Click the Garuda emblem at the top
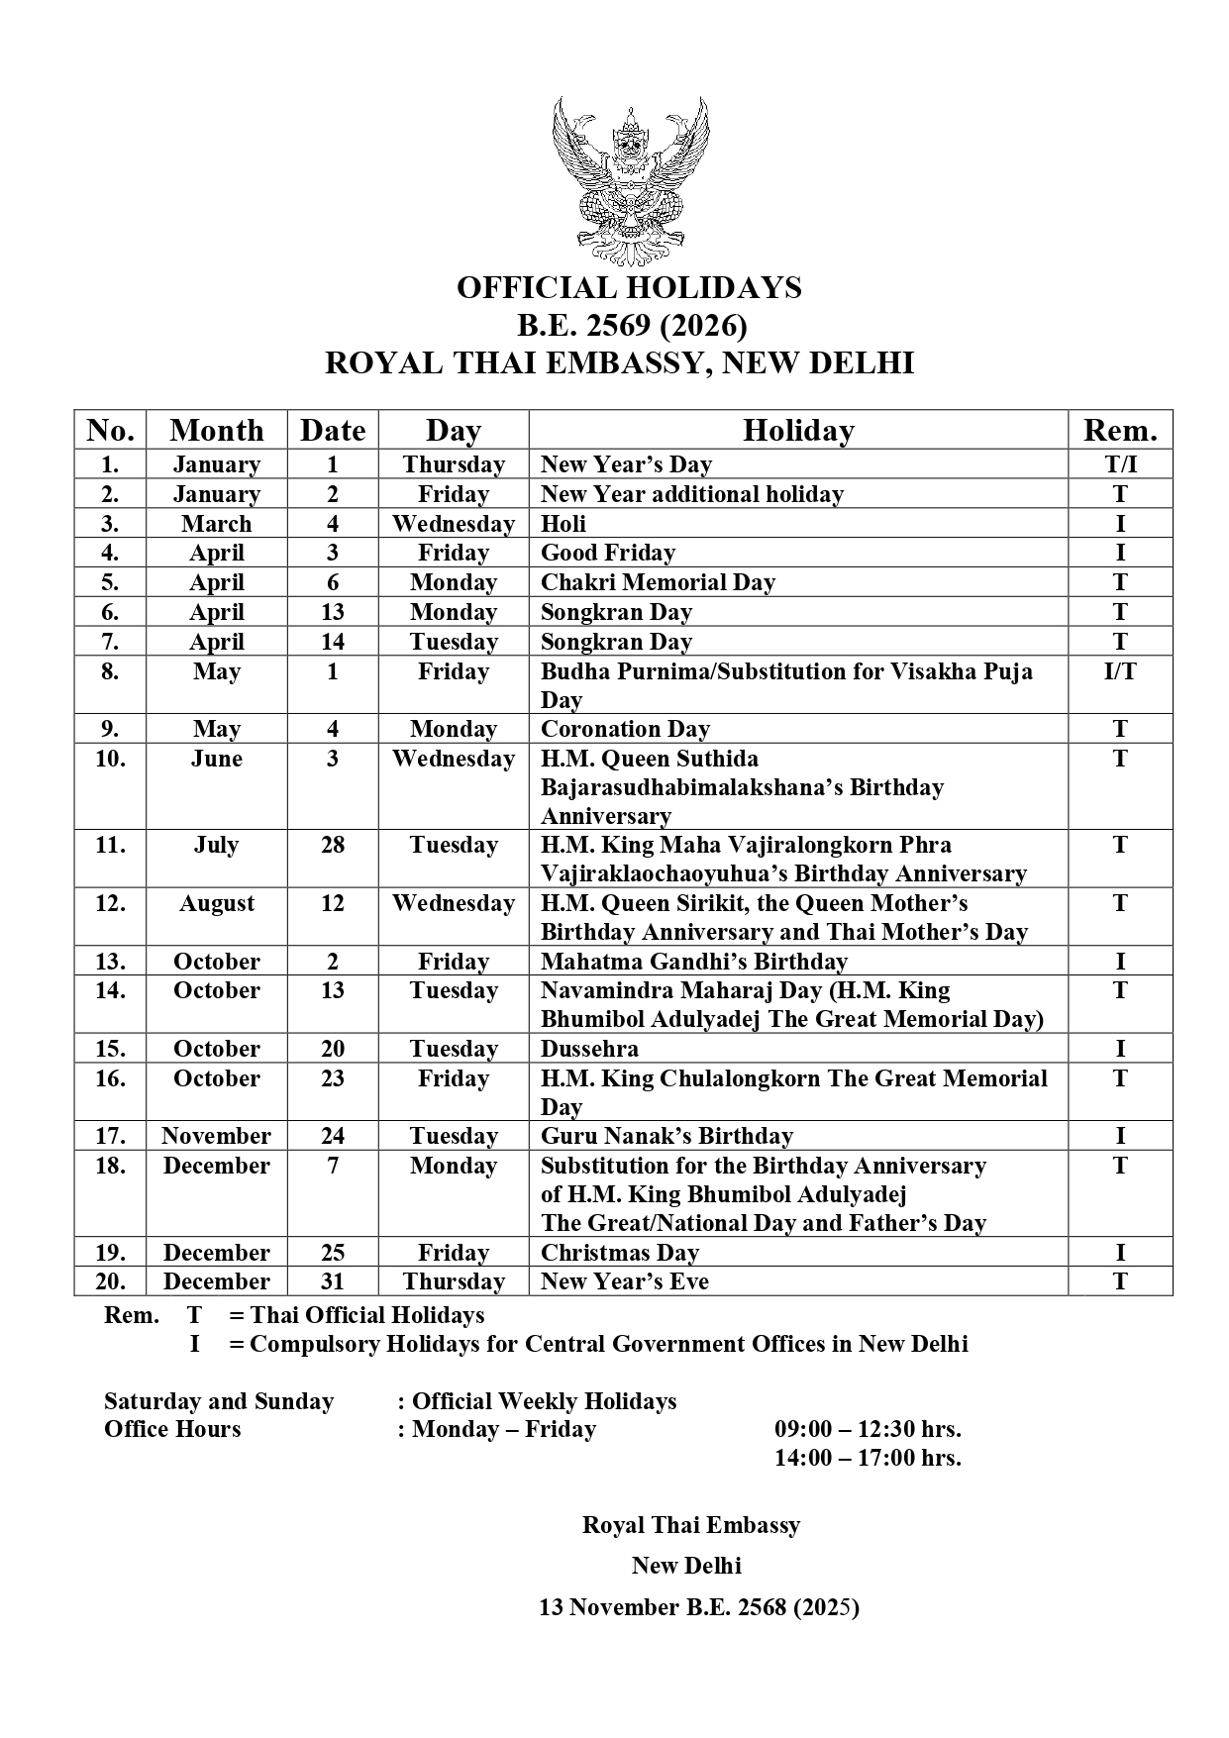click(x=630, y=181)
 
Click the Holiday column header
click(x=798, y=431)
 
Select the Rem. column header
click(x=1120, y=431)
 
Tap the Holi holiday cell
click(x=563, y=524)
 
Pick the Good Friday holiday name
click(x=608, y=553)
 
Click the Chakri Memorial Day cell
click(x=658, y=582)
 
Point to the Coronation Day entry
click(x=625, y=729)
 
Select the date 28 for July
click(x=333, y=845)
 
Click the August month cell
click(x=217, y=903)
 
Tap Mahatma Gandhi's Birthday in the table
click(x=693, y=962)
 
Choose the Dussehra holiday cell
click(x=589, y=1049)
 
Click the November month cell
click(x=217, y=1136)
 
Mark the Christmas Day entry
click(x=620, y=1253)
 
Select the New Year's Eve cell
click(x=625, y=1281)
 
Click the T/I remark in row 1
click(x=1120, y=464)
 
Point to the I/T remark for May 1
click(x=1120, y=671)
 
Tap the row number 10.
click(x=110, y=759)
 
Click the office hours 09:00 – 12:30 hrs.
click(x=868, y=1429)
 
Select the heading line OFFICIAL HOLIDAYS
click(x=629, y=288)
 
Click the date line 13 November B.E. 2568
click(x=698, y=1607)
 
